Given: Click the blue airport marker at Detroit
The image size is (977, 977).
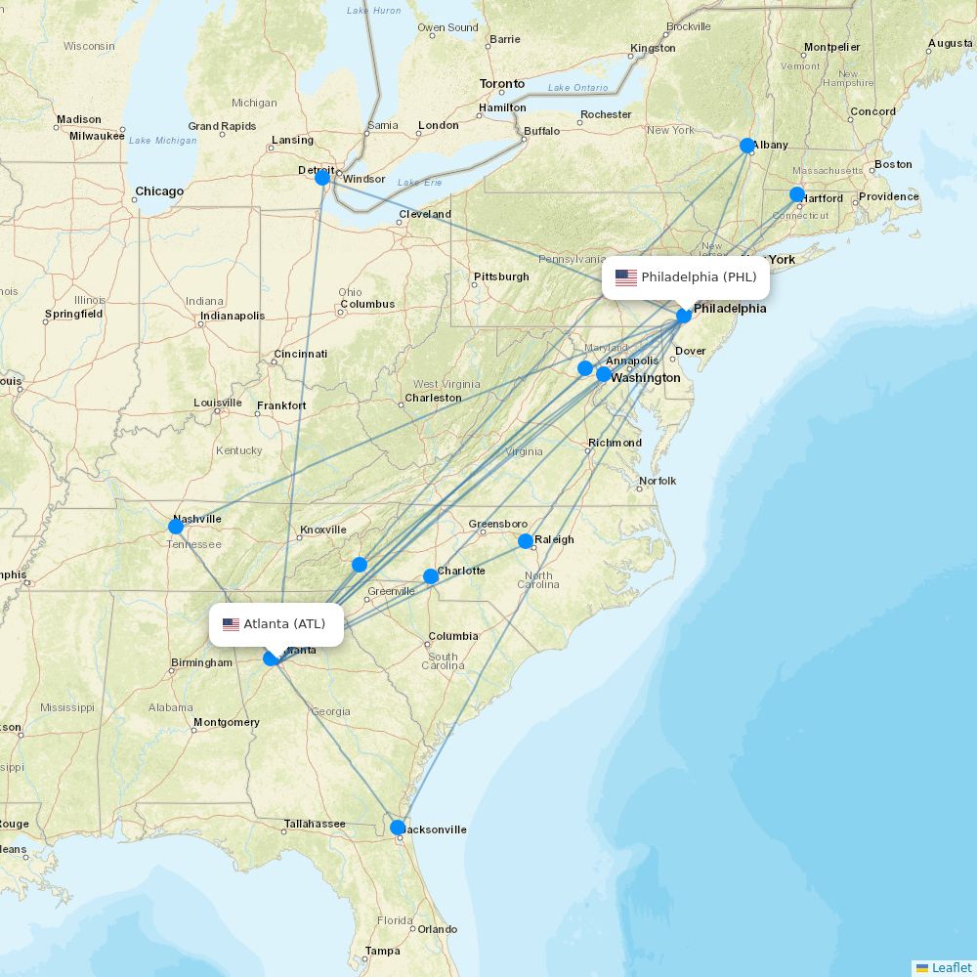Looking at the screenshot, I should [322, 178].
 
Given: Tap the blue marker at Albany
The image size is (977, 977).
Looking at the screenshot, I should [747, 146].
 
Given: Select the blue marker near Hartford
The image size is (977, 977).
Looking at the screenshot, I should [797, 194].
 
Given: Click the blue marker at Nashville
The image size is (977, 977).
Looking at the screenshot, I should [176, 527].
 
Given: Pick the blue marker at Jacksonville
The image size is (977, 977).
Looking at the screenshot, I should [398, 828].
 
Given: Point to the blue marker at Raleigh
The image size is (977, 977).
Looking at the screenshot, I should [526, 541].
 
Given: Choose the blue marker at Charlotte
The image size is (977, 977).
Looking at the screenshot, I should [431, 576].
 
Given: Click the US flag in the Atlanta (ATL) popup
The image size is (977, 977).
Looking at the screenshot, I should [231, 624].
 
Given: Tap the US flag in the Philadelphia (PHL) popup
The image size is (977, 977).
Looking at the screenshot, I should [626, 277].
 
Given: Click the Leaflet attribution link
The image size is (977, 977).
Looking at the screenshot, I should [951, 967].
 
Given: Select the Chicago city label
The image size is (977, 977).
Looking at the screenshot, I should [159, 191].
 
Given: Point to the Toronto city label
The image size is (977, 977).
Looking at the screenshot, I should [501, 84].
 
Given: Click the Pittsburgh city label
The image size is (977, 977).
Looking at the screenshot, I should [501, 276].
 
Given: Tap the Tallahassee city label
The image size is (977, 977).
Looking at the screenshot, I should [315, 824].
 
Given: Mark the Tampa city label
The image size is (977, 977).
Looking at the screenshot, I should [383, 951].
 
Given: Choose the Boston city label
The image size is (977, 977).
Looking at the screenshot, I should [893, 164].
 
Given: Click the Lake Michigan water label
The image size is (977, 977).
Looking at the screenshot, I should [163, 141].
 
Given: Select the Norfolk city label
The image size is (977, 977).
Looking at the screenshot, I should [658, 481].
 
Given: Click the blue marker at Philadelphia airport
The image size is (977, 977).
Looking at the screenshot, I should [684, 315].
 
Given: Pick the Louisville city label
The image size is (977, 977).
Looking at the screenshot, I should [218, 403].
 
